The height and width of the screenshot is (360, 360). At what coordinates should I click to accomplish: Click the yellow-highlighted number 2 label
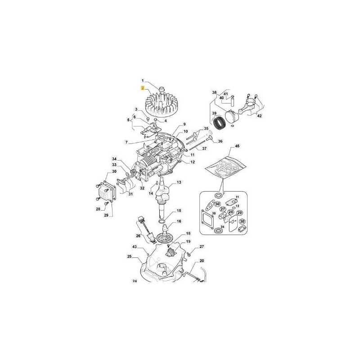coord(143,89)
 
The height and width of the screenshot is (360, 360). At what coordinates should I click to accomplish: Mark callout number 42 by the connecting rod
coord(259,116)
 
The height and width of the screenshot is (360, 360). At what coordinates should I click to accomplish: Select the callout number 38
coord(214,93)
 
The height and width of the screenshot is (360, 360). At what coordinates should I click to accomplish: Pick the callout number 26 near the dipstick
coord(138,235)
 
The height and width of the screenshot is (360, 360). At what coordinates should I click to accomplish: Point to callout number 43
coord(134,247)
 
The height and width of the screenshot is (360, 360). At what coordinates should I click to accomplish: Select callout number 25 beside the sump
coord(129,257)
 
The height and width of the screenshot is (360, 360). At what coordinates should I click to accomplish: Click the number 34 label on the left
coord(114,159)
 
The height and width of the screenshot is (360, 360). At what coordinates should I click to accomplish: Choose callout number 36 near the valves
coord(220,141)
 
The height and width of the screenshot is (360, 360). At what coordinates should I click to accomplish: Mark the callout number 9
coord(184,124)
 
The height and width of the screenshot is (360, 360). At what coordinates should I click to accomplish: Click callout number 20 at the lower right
coord(201,261)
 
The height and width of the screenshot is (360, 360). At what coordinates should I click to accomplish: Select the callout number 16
coord(179,221)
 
